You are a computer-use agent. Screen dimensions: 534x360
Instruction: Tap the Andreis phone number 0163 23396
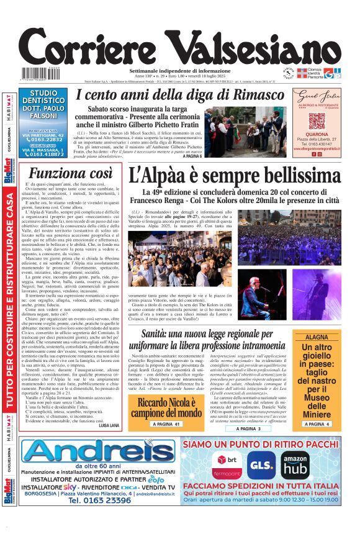pyautogui.click(x=99, y=500)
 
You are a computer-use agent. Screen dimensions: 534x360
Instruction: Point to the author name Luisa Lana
pyautogui.click(x=108, y=425)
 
